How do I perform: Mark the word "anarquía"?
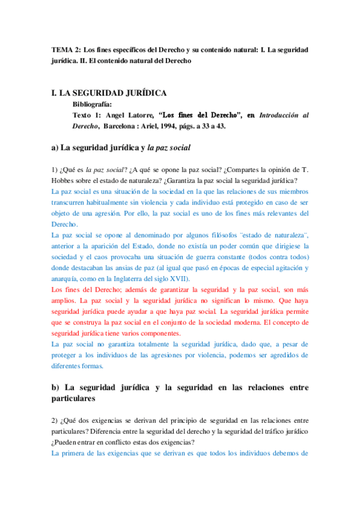coord(68,278)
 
